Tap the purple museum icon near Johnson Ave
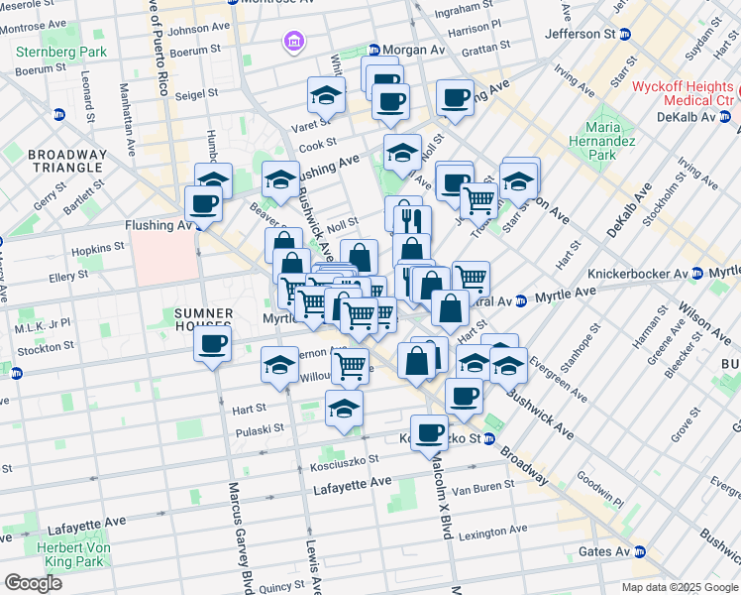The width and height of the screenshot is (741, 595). pyautogui.click(x=294, y=42)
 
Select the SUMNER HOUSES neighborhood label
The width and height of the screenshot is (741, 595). pyautogui.click(x=203, y=319)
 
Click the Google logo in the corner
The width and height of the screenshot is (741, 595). pyautogui.click(x=33, y=583)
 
